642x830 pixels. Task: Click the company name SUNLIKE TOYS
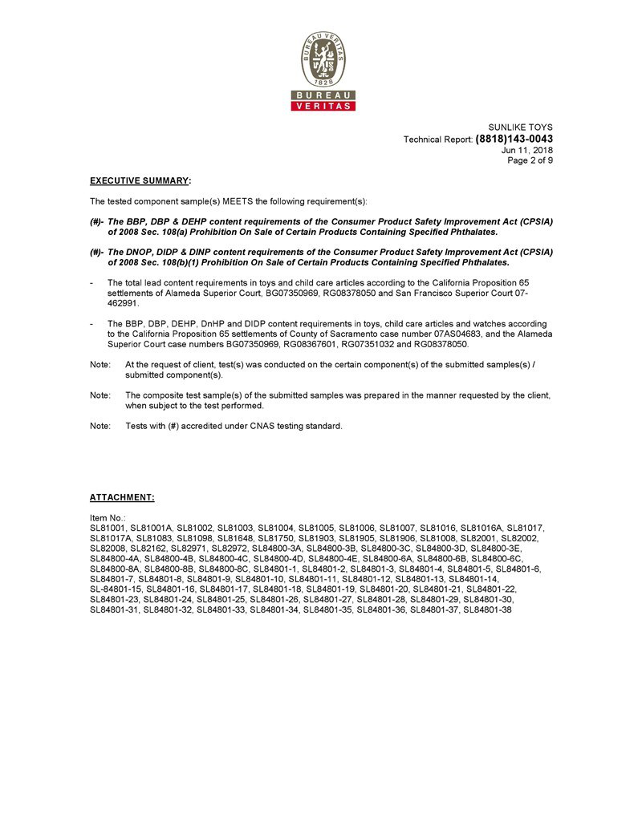[x=521, y=128]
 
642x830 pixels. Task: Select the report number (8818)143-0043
[x=514, y=139]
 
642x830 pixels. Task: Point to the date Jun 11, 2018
[x=527, y=150]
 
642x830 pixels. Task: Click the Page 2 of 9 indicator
[x=530, y=160]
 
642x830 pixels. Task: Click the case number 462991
[x=123, y=304]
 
